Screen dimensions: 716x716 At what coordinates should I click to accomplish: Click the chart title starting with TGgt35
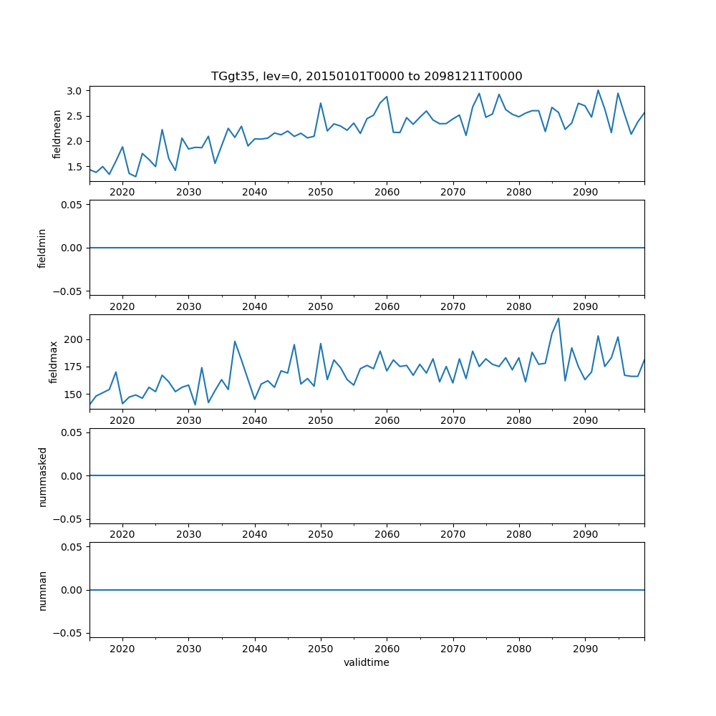pos(367,76)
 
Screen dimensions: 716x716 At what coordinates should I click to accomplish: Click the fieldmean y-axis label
pos(57,134)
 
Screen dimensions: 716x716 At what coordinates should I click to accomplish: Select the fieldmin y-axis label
pos(42,248)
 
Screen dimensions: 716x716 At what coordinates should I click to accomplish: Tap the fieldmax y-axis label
pos(54,362)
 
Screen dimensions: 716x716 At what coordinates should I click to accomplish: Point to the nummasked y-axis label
pos(42,476)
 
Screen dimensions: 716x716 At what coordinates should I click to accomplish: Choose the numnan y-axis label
pos(42,590)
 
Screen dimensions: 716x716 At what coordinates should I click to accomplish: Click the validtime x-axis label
pos(367,663)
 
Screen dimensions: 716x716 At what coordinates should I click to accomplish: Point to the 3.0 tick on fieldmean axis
pos(75,91)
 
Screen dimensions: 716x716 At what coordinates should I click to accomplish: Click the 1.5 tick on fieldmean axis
pos(75,167)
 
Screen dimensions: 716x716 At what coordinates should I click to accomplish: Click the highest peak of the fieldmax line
pos(558,319)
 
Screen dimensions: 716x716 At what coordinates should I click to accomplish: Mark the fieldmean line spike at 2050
pos(321,103)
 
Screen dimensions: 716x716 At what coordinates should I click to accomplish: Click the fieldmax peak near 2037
pos(235,342)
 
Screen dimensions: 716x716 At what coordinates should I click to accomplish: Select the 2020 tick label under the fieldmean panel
pos(122,193)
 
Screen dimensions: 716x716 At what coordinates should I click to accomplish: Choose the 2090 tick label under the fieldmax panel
pos(585,421)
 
